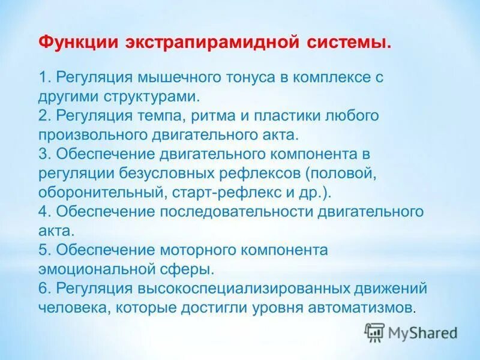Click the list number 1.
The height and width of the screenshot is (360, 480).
[43, 77]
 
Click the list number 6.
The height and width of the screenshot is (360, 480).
[43, 288]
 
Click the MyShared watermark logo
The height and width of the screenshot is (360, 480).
[411, 332]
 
